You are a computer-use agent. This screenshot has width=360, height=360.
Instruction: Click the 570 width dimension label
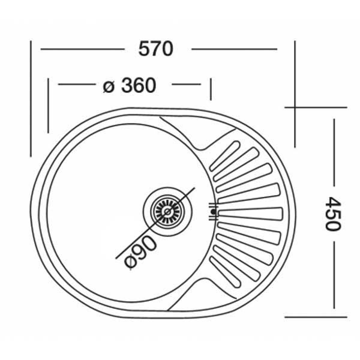pos(155,49)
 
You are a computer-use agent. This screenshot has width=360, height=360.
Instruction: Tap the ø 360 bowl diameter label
pos(130,85)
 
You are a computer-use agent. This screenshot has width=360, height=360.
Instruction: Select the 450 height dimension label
pos(333,214)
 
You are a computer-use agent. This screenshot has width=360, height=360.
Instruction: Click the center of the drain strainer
pos(167,211)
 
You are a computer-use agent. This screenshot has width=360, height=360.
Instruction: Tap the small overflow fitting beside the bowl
pos(213,211)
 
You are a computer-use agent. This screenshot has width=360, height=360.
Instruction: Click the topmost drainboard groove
pos(225,156)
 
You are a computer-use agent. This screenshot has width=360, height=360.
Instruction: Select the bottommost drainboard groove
pos(226,272)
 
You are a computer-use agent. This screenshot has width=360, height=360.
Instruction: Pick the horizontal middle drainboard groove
pos(250,214)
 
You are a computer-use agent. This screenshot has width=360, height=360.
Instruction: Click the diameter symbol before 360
pos(109,87)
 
